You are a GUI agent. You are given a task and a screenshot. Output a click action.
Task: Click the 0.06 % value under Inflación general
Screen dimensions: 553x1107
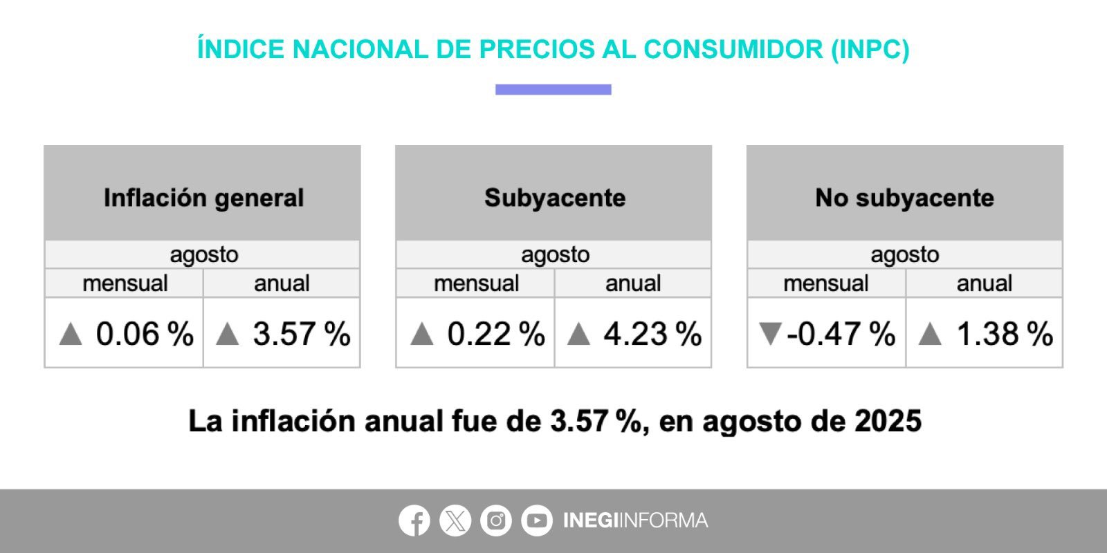[145, 334]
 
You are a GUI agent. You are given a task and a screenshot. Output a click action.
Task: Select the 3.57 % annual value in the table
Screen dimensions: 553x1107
[302, 334]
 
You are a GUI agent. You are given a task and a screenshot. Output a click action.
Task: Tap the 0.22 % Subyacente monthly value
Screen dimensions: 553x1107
[496, 334]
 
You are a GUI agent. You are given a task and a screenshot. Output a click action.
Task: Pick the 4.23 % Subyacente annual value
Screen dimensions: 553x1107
[652, 334]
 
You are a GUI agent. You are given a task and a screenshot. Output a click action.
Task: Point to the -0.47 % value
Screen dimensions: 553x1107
[841, 334]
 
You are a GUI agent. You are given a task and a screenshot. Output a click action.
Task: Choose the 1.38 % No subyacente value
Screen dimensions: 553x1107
[1005, 334]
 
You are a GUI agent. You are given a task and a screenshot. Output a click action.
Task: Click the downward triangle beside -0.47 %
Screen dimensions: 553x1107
[769, 334]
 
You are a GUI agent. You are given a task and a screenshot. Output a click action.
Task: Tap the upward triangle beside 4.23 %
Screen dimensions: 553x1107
[578, 335]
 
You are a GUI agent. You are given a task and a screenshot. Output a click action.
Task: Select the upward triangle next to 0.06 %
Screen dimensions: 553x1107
[71, 335]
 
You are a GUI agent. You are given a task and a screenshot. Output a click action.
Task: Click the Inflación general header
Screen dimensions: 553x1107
[203, 198]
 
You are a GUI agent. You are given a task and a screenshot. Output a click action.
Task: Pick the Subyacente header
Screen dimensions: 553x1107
[555, 198]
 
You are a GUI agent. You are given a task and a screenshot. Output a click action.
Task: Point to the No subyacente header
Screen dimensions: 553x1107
[904, 198]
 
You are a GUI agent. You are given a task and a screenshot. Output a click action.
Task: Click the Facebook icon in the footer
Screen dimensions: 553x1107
[414, 521]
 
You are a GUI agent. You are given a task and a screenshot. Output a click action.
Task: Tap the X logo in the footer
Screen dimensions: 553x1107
[455, 521]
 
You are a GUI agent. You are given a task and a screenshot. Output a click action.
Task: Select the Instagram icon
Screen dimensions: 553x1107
[495, 521]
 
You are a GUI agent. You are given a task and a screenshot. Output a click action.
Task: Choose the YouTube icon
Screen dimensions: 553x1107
[536, 521]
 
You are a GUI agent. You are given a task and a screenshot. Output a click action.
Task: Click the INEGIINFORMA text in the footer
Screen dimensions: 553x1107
[635, 521]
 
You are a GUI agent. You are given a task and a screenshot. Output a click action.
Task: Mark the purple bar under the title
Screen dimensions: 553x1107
[553, 89]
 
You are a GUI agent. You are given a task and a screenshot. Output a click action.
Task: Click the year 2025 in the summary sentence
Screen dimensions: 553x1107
[888, 421]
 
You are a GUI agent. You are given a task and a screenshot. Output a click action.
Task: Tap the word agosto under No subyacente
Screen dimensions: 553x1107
[904, 254]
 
